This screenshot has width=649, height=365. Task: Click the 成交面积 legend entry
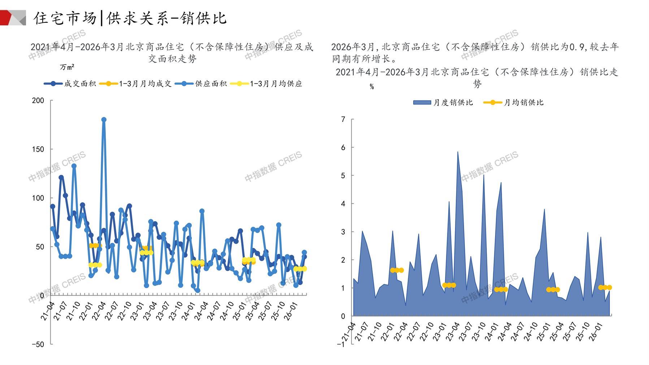pos(70,84)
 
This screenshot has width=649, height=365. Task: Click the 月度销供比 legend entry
pos(443,103)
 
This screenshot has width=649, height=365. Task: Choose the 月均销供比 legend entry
pos(513,103)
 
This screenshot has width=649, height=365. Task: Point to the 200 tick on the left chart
pos(38,100)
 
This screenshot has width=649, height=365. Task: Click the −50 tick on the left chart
pos(38,344)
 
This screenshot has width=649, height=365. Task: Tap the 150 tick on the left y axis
pos(38,149)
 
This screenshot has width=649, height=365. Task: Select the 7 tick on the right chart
pos(343,119)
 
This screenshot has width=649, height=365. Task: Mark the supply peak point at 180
pos(104,120)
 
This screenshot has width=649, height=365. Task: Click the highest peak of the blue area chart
pos(458,152)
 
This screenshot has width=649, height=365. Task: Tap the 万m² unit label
pos(67,67)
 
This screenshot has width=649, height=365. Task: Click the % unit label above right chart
pos(372,87)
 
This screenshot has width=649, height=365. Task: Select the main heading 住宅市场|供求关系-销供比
pos(130,18)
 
